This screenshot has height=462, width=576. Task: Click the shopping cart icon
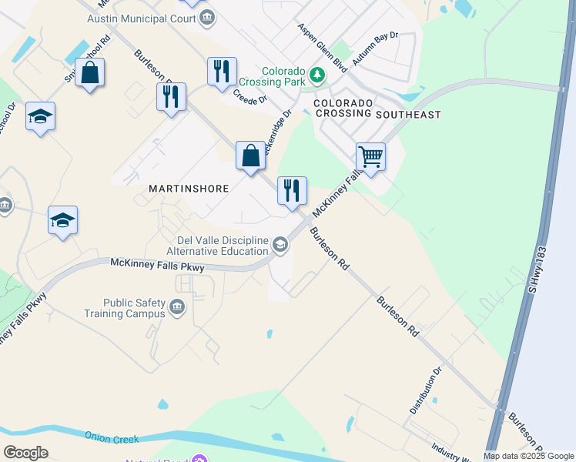pos(370,157)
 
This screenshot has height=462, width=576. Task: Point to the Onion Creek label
pos(112,438)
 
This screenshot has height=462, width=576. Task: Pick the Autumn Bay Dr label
pos(375,47)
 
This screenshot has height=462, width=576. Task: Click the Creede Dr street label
pos(250,99)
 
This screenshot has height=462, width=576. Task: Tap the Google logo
pos(25,452)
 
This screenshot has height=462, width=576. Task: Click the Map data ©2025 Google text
pos(527,456)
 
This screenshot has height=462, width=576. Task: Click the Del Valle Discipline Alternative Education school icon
pos(280,246)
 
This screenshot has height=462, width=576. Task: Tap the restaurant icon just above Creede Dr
pos(222,71)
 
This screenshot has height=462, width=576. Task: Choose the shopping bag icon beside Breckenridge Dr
pos(250,156)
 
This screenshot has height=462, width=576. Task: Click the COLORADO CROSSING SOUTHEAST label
pos(377,109)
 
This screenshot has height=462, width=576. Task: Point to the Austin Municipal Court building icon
pos(208,18)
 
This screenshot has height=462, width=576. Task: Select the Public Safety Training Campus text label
pos(135,308)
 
